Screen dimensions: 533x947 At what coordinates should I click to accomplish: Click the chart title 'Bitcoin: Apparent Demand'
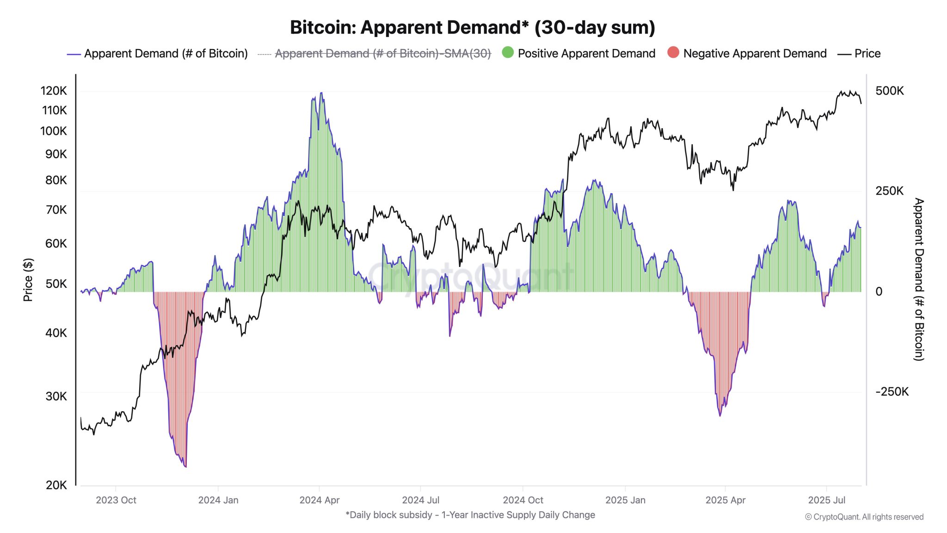472,28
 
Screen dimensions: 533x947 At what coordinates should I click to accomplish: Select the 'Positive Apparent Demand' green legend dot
508,53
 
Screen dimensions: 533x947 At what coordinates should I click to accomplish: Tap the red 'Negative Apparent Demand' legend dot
673,53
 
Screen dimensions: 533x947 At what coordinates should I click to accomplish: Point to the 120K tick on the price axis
54,91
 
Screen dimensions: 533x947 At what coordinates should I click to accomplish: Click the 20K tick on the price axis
56,485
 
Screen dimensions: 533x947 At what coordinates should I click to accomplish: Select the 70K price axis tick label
56,210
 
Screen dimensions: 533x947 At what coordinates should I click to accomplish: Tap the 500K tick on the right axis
889,91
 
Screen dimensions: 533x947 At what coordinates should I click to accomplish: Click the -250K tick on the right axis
892,392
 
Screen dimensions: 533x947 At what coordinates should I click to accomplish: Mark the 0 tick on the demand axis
879,291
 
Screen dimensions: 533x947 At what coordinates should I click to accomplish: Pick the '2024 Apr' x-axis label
319,500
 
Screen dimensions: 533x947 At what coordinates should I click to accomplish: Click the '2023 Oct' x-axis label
116,500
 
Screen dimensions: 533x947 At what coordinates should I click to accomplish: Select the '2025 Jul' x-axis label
826,500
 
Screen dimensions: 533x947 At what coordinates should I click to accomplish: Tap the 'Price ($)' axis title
28,279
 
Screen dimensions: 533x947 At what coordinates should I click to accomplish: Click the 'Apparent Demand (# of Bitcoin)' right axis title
919,279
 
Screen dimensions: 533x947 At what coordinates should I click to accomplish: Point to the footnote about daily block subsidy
470,515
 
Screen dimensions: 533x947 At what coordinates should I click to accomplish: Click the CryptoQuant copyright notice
864,517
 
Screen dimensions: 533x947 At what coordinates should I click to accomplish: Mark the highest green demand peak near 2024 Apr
321,93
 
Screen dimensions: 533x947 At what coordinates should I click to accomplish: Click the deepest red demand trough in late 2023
185,466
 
